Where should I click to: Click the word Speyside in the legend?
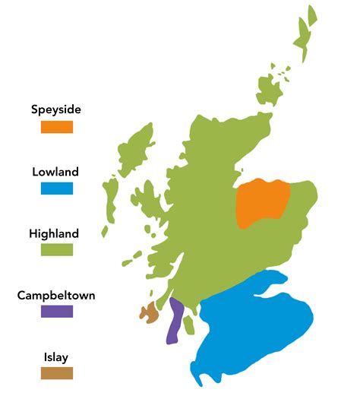click(56, 109)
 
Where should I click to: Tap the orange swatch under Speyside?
click(57, 127)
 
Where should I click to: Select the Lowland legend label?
click(56, 172)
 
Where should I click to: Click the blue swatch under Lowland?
click(57, 188)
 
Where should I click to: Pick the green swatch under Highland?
click(57, 249)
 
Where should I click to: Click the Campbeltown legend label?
click(56, 295)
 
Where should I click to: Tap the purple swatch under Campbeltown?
click(57, 311)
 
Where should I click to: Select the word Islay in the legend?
click(56, 356)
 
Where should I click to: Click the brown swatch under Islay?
click(57, 372)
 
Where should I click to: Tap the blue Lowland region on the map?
click(254, 327)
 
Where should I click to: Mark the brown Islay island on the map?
click(147, 312)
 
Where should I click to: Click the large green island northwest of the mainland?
click(137, 148)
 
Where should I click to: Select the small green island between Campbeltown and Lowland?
click(189, 325)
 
